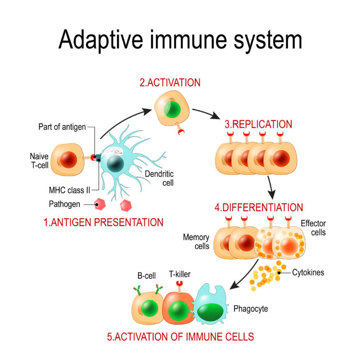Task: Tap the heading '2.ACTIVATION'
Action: [x=169, y=82]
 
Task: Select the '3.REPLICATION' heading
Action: [x=258, y=125]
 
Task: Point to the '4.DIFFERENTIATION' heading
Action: [x=258, y=208]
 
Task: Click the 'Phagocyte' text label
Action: [x=251, y=309]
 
